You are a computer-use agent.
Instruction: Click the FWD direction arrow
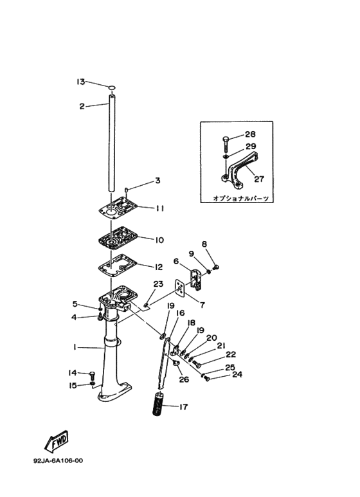click(57, 441)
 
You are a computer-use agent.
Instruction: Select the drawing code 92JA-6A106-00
click(58, 460)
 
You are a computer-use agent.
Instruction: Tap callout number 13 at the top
click(81, 82)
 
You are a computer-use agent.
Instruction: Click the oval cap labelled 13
click(112, 87)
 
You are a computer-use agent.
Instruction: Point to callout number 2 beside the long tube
click(82, 107)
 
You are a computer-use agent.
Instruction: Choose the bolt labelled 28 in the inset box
click(226, 144)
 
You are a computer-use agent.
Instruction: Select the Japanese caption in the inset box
click(241, 199)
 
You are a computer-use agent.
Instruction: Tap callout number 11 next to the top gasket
click(159, 208)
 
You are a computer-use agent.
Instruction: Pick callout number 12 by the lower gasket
click(158, 267)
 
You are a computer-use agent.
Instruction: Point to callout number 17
click(183, 406)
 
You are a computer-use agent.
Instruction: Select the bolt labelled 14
click(93, 376)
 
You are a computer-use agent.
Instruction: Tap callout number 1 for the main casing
click(75, 347)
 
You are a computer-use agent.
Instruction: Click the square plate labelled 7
click(180, 288)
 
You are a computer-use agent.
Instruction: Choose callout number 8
click(204, 244)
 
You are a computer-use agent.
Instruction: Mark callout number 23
click(158, 284)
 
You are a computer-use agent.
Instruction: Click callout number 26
click(184, 379)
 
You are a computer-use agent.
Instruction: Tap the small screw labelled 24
click(207, 378)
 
